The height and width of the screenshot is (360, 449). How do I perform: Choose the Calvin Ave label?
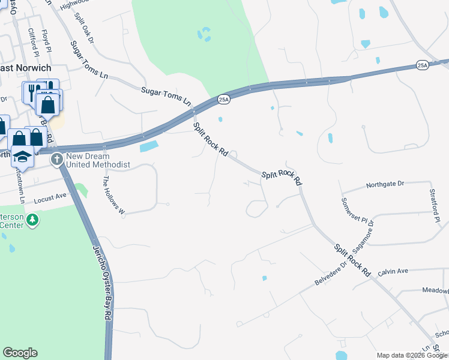tap(393, 271)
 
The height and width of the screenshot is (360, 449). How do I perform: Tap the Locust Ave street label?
tap(50, 197)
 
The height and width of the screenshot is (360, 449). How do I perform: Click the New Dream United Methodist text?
tap(98, 160)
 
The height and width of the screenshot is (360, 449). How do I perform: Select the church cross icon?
tap(57, 159)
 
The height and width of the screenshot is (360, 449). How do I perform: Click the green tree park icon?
tap(32, 220)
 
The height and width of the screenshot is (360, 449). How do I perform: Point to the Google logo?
tap(20, 353)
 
